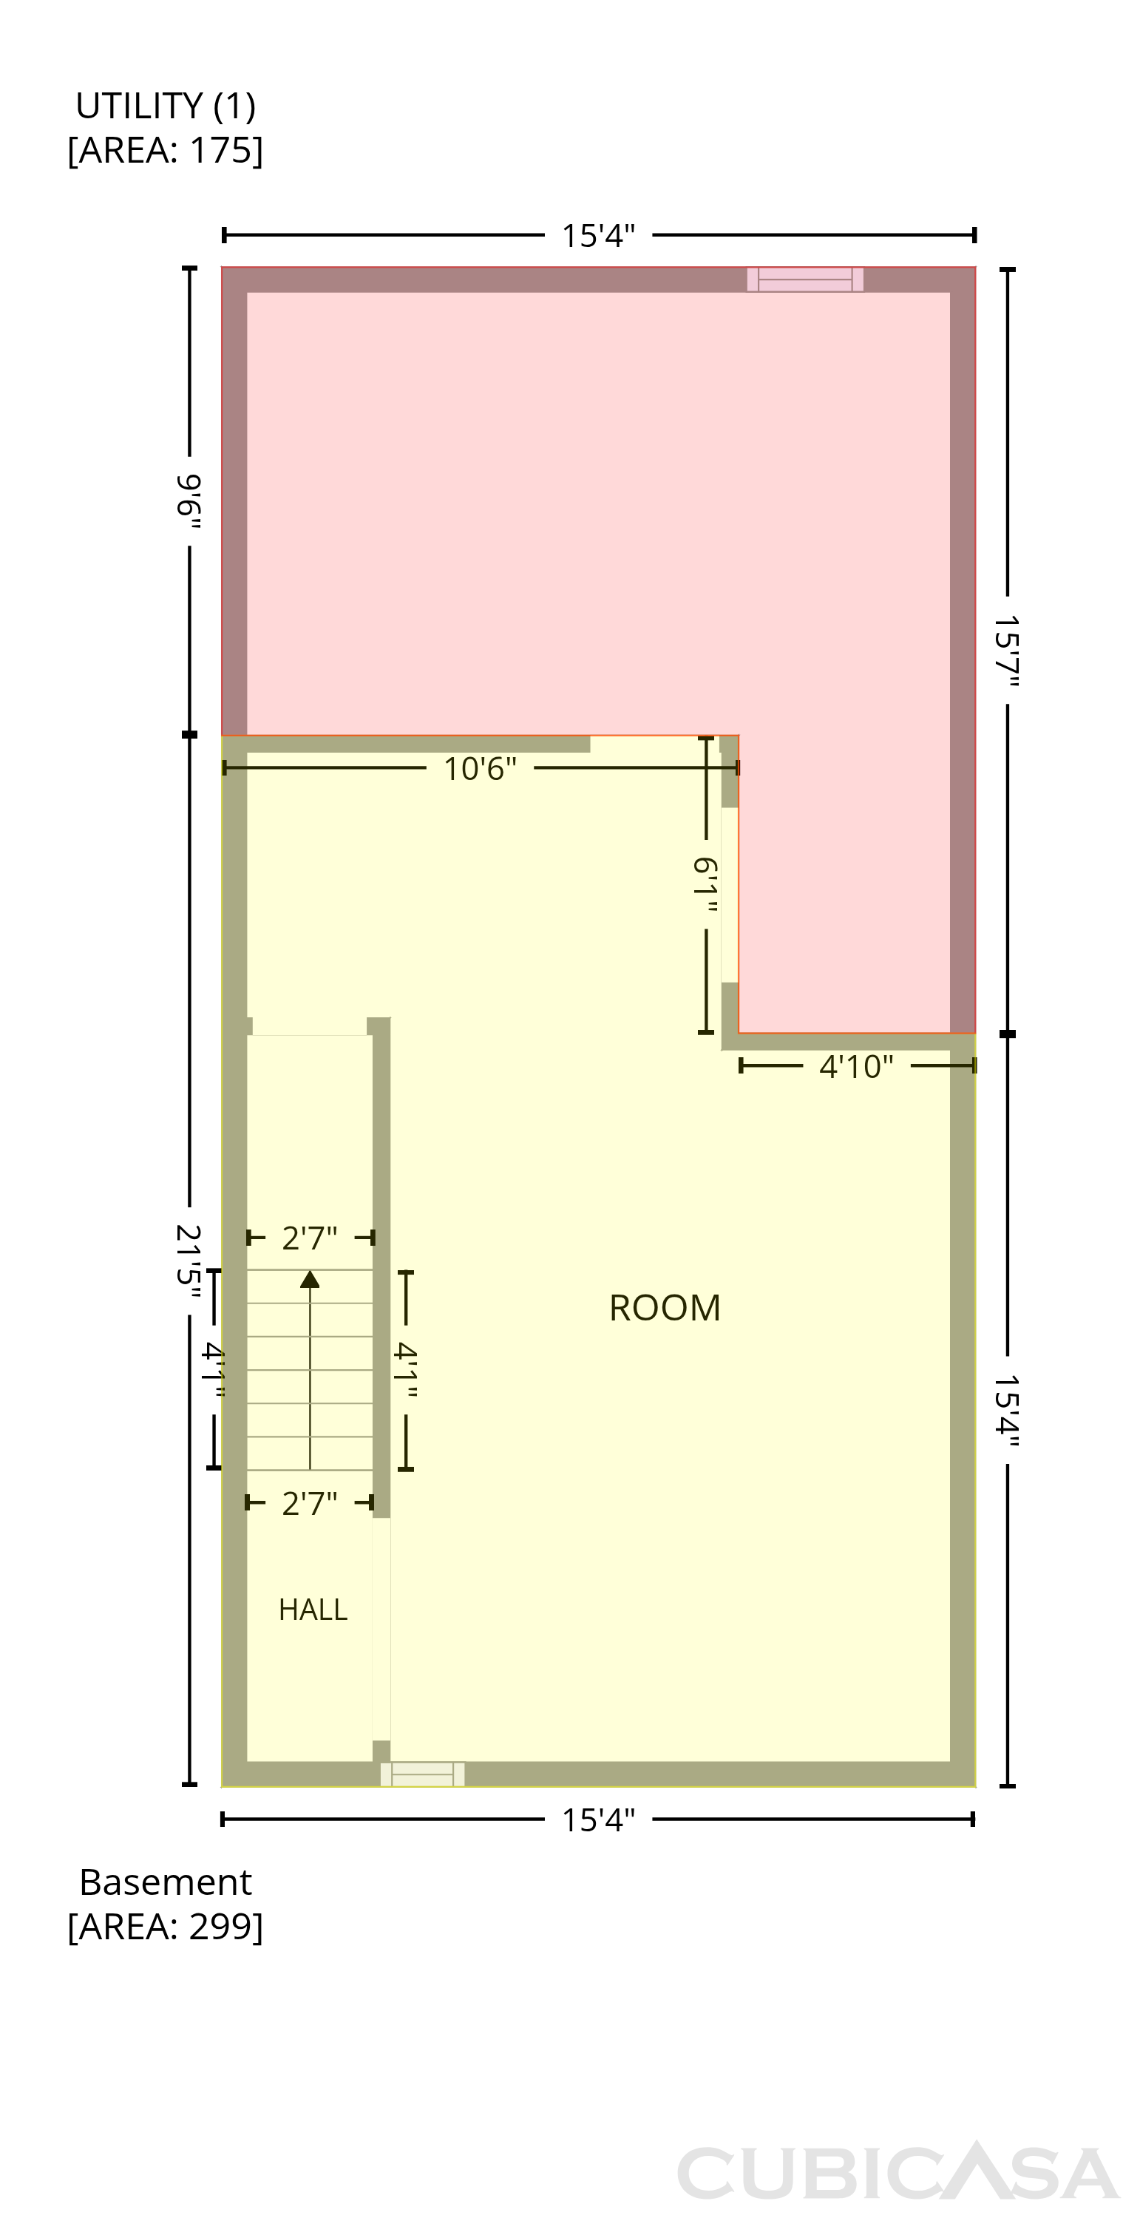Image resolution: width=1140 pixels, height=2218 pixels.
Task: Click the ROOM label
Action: pyautogui.click(x=664, y=1308)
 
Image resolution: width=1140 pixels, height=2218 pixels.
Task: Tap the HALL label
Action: pyautogui.click(x=313, y=1610)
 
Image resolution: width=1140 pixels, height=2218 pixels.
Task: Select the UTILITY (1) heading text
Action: pyautogui.click(x=166, y=106)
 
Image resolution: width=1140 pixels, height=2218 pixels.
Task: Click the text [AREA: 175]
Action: pyautogui.click(x=166, y=150)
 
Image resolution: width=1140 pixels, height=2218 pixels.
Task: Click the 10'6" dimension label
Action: pyautogui.click(x=480, y=768)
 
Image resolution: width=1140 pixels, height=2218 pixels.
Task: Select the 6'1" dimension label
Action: pyautogui.click(x=706, y=885)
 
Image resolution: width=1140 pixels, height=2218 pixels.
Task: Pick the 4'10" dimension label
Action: pyautogui.click(x=856, y=1066)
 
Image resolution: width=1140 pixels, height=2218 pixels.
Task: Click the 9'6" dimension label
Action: pyautogui.click(x=189, y=501)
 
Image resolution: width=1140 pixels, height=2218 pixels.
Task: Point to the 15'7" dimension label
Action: pyautogui.click(x=1006, y=650)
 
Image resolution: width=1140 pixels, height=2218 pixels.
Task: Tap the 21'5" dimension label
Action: pyautogui.click(x=189, y=1261)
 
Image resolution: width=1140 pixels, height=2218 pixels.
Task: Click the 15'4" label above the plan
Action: pyautogui.click(x=598, y=235)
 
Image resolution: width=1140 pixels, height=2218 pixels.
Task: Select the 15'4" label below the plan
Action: pyautogui.click(x=598, y=1820)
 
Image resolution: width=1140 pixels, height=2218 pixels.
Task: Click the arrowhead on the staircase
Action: pyautogui.click(x=310, y=1280)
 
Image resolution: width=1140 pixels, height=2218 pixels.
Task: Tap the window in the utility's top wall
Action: pyautogui.click(x=805, y=279)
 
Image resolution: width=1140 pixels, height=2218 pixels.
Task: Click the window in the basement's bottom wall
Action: pyautogui.click(x=423, y=1774)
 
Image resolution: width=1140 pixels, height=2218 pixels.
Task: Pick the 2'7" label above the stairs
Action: pyautogui.click(x=310, y=1238)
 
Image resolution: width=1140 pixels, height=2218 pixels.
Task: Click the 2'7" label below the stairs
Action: pyautogui.click(x=310, y=1503)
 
